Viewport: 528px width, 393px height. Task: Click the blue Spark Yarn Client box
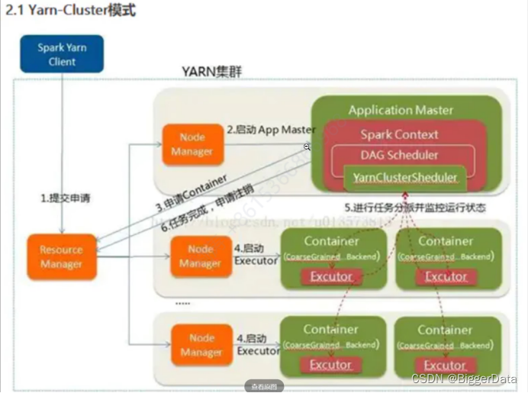tap(61, 53)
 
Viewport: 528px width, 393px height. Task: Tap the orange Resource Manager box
tap(62, 256)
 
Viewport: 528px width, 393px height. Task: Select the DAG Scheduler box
tap(399, 155)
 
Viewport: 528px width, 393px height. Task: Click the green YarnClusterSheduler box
tap(404, 178)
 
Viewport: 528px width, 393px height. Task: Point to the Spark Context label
tap(399, 134)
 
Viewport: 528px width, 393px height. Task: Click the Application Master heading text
tap(401, 110)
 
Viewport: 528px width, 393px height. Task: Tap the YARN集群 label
tap(211, 72)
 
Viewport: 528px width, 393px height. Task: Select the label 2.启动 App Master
tap(271, 130)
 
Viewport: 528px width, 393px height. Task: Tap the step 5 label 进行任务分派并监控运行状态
tap(414, 207)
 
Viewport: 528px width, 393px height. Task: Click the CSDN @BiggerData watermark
tap(465, 379)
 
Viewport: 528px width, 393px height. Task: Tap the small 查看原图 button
tap(265, 386)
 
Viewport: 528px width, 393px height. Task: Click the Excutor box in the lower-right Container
tap(446, 365)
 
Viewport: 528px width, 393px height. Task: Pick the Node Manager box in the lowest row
tap(201, 345)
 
